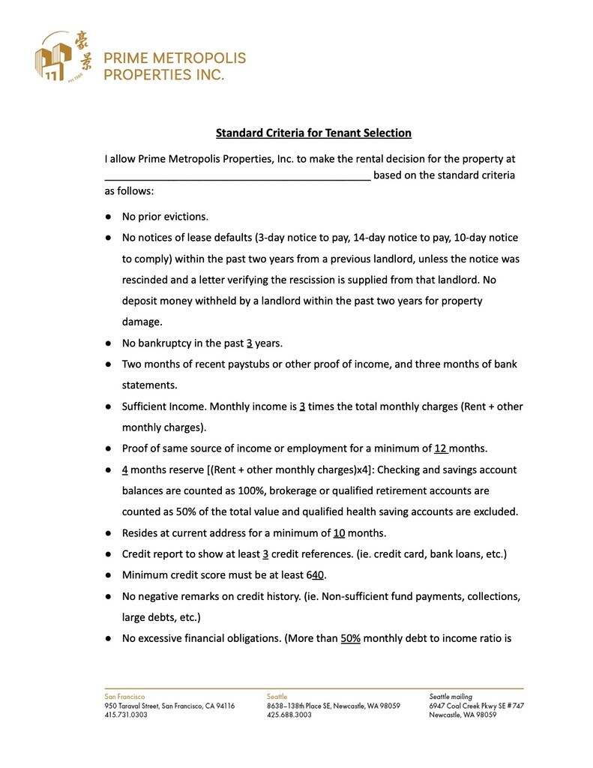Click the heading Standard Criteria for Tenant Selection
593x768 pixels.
point(313,133)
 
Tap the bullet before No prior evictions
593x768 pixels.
point(109,217)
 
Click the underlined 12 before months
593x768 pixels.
point(441,448)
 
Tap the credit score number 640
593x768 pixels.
point(315,575)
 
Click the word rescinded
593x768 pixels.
point(148,280)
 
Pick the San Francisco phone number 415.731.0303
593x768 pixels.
point(126,715)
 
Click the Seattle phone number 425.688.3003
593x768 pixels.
point(289,715)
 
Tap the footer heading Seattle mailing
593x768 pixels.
point(451,697)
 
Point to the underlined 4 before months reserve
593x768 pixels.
point(125,469)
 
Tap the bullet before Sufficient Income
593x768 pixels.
point(109,406)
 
